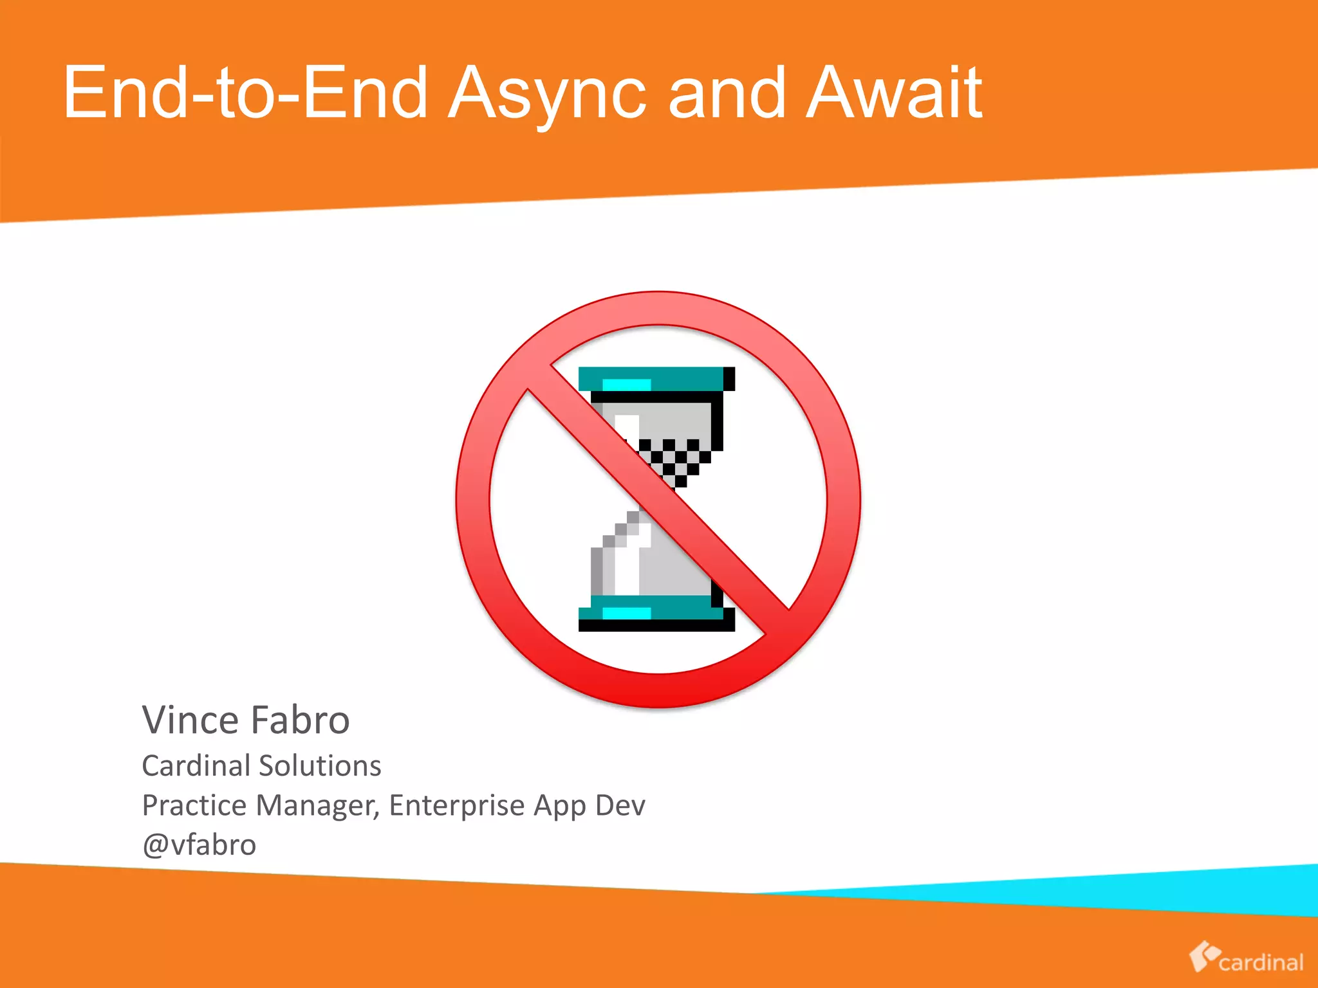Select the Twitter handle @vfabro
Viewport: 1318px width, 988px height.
click(x=199, y=845)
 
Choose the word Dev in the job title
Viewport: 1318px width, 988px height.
click(x=620, y=805)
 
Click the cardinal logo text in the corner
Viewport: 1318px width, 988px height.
click(x=1261, y=963)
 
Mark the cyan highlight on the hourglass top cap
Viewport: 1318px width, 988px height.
click(x=626, y=385)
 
